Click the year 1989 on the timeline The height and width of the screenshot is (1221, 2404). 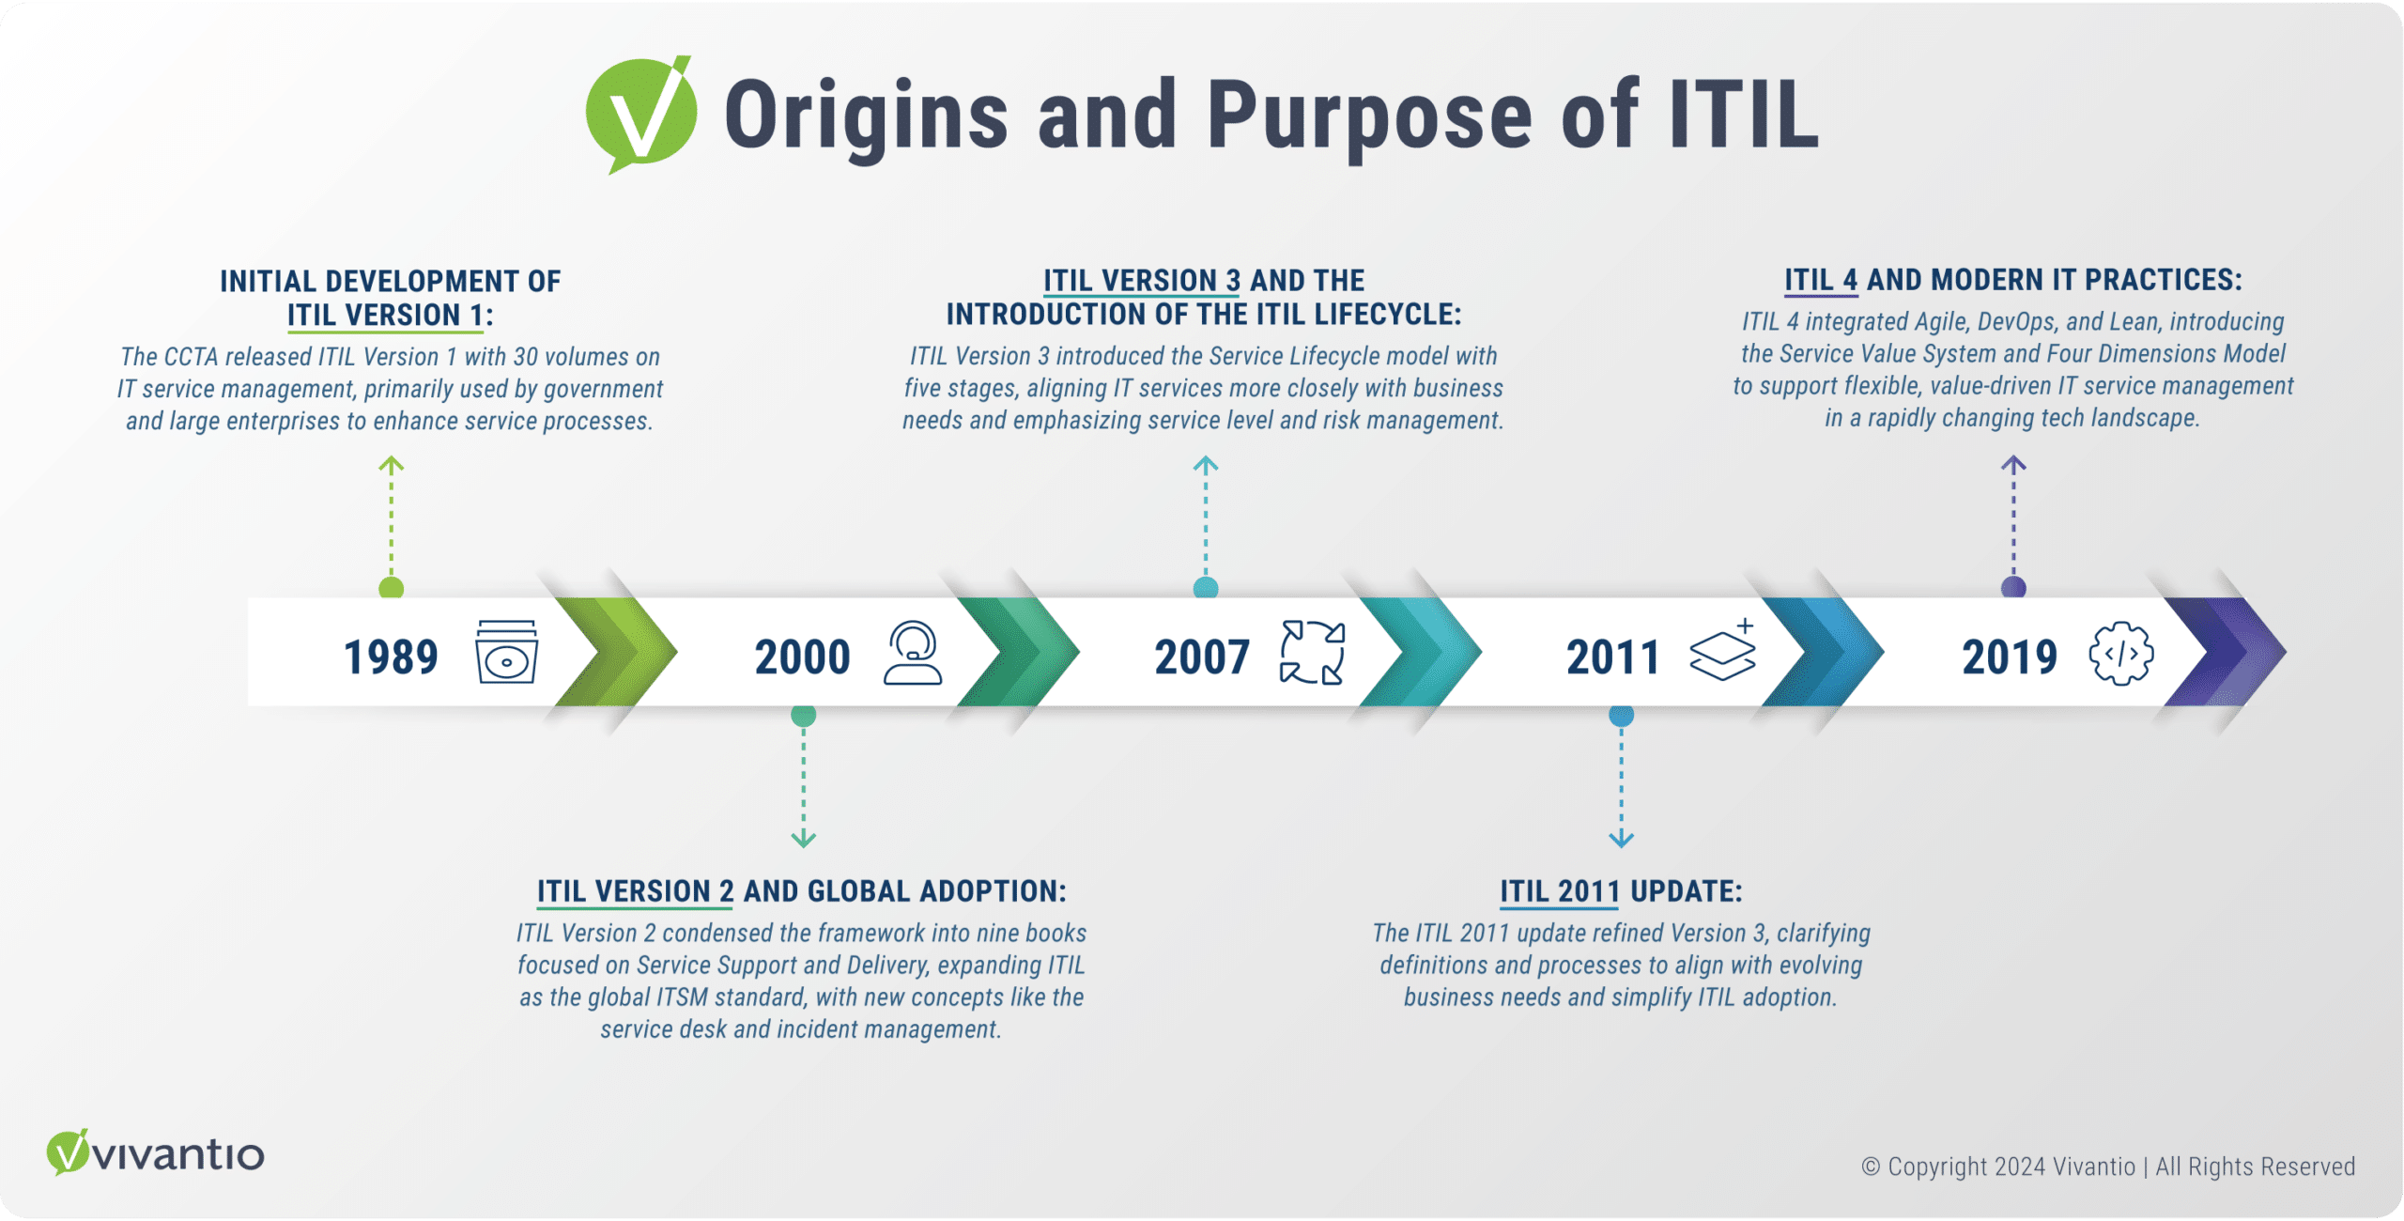(391, 657)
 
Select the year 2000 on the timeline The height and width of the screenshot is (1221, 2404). (803, 657)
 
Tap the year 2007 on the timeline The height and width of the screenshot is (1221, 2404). (1202, 657)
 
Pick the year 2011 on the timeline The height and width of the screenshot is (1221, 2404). (1612, 657)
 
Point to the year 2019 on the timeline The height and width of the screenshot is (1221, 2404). (2010, 657)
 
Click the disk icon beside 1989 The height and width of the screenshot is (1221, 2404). (507, 652)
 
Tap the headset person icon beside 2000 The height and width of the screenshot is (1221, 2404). (913, 652)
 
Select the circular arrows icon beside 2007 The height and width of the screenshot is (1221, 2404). (1313, 652)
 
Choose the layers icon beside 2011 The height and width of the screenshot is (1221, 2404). (1722, 650)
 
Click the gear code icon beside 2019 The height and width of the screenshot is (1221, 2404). (2121, 653)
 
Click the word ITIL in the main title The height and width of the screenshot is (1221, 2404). (1744, 116)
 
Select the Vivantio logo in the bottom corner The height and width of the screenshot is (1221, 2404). (156, 1152)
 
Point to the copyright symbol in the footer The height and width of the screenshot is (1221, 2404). (1871, 1167)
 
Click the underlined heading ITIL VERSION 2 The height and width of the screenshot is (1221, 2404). (636, 891)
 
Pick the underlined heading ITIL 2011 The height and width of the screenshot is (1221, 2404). (1560, 891)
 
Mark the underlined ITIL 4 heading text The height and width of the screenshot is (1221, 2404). (1821, 280)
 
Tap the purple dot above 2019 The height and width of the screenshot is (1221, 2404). (2013, 588)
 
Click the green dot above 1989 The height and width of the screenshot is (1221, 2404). (391, 589)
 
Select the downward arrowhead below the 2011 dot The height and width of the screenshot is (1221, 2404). (1621, 839)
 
